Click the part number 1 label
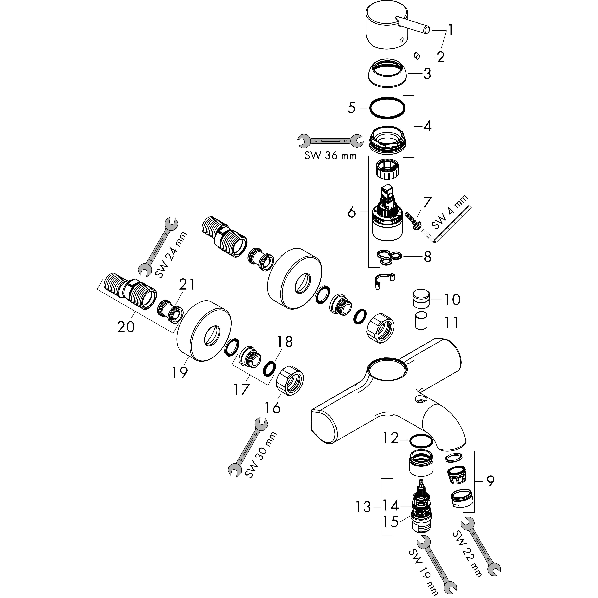451,30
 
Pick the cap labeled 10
421,299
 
